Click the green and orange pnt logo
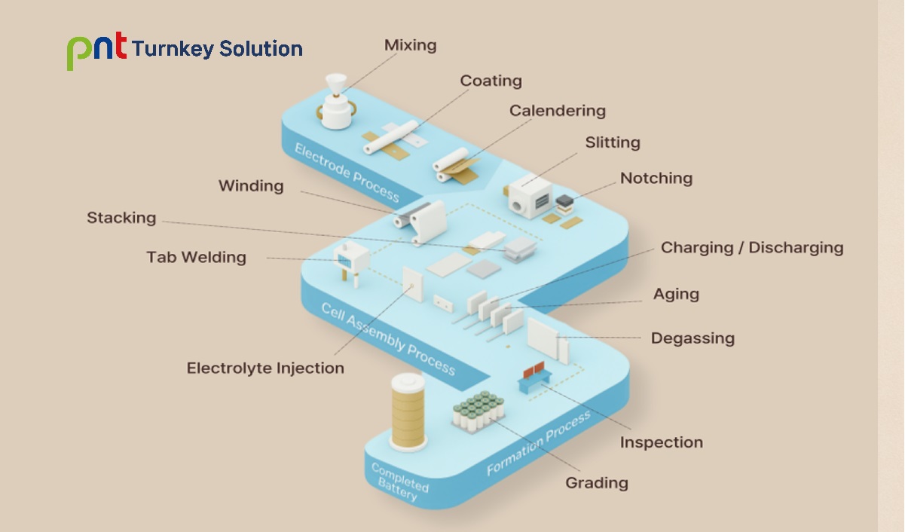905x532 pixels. coord(96,50)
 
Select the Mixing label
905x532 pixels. coord(410,45)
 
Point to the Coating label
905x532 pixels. coord(491,81)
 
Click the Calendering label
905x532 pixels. coord(557,111)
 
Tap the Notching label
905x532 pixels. coord(656,179)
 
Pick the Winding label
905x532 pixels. coord(251,186)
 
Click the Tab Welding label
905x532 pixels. coord(196,257)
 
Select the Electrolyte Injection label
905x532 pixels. coord(265,368)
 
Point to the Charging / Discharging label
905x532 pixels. coord(751,248)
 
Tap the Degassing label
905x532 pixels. coord(692,338)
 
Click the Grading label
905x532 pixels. coord(597,482)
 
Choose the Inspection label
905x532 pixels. coord(661,442)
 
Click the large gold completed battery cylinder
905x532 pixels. coord(408,410)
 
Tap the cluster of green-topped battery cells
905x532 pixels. coord(478,410)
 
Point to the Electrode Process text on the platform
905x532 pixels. coord(346,173)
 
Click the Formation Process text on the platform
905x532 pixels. coord(537,445)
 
